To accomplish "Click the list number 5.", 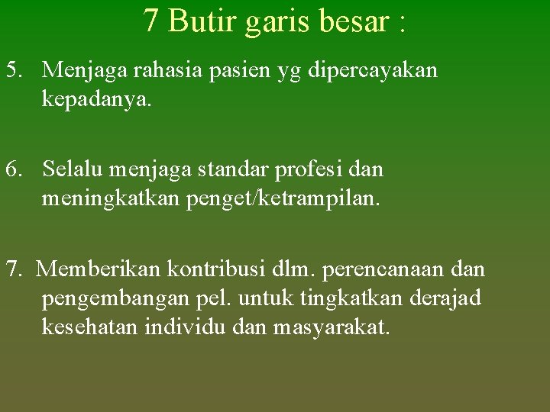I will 14,70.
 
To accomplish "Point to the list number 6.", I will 14,169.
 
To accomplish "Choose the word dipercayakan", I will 373,71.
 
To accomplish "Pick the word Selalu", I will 73,169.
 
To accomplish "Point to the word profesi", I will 314,169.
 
